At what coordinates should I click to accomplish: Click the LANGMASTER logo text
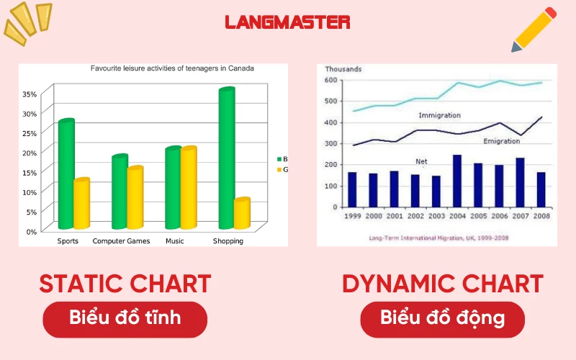coord(287,22)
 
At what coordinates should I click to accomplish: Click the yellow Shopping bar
coord(242,213)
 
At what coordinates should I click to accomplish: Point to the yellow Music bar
coord(189,188)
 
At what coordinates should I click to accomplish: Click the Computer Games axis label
coord(121,241)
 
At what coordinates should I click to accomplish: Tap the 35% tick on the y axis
coord(30,94)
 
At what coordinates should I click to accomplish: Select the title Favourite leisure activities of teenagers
coord(172,69)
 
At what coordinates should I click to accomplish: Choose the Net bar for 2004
coord(457,181)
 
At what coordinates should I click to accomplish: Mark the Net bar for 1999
coord(352,189)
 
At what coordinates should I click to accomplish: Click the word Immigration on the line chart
coord(439,115)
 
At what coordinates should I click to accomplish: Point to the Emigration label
coord(501,141)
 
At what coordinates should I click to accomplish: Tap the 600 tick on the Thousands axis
coord(330,80)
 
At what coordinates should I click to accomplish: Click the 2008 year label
coord(541,215)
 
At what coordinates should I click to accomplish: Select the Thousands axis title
coord(343,69)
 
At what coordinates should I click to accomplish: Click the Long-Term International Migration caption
coord(438,237)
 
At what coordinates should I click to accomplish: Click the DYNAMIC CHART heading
coord(442,284)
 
